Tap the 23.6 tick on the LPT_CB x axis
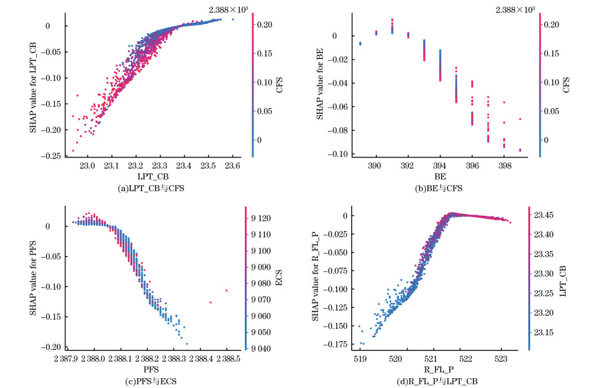click(x=232, y=166)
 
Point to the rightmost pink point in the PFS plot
click(x=226, y=290)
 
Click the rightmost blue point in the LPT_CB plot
click(x=232, y=19)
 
